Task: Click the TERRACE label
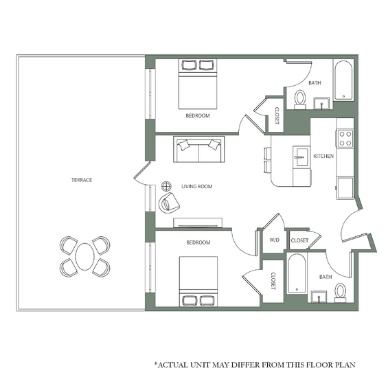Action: tap(82, 180)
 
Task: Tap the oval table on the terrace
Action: tap(85, 257)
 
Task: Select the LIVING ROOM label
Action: tap(196, 186)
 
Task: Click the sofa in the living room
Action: tap(199, 149)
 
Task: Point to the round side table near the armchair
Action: tap(166, 186)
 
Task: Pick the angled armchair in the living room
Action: tap(169, 202)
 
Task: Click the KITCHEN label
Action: tap(323, 156)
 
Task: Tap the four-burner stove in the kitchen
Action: tap(345, 138)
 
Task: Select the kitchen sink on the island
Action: tap(301, 157)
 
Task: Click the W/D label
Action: tap(275, 240)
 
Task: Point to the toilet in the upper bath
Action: tap(300, 100)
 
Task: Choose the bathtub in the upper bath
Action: tap(343, 80)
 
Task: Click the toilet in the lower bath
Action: tap(340, 293)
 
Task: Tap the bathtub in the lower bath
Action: tap(297, 273)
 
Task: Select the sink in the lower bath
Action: tap(319, 297)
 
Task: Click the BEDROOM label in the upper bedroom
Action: tap(198, 115)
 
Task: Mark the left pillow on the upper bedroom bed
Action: tap(190, 65)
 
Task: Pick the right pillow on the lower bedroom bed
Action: tap(208, 300)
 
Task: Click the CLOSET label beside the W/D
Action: tap(299, 240)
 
